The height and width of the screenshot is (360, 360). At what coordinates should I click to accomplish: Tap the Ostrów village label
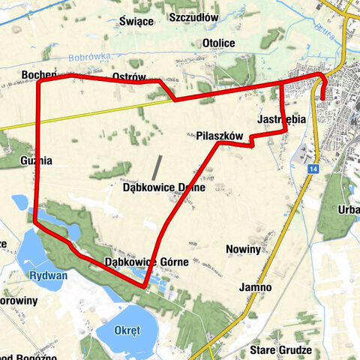pyautogui.click(x=128, y=78)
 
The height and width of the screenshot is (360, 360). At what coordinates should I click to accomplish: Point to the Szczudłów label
pyautogui.click(x=193, y=16)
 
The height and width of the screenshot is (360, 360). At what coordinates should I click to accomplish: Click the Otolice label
pyautogui.click(x=219, y=43)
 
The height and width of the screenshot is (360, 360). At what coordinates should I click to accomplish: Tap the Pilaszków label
pyautogui.click(x=220, y=136)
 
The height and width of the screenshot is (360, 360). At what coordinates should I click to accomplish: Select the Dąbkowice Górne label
pyautogui.click(x=146, y=262)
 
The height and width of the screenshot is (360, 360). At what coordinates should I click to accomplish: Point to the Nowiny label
pyautogui.click(x=242, y=248)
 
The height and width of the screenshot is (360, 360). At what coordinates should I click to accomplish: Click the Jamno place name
pyautogui.click(x=256, y=287)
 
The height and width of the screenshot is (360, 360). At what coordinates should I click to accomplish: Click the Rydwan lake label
pyautogui.click(x=49, y=275)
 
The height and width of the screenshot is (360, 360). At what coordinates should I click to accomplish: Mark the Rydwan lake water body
pyautogui.click(x=30, y=251)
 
